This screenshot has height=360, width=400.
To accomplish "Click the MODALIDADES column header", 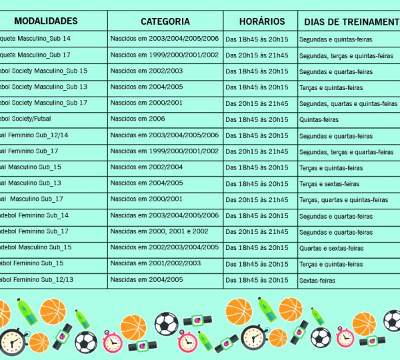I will [x=45, y=21].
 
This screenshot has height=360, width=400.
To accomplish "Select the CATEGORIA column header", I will [x=165, y=21].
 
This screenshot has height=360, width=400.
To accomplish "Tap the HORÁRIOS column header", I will [x=259, y=21].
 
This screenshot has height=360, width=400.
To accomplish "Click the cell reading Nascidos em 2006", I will [x=137, y=119].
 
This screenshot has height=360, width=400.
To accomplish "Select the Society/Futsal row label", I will [x=27, y=119].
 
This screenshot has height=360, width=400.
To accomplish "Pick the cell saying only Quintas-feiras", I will [x=319, y=120].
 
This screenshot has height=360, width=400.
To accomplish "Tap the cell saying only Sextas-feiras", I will [x=317, y=281].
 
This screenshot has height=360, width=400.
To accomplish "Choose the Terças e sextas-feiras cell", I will [x=329, y=184].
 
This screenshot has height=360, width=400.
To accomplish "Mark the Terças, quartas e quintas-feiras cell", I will [x=343, y=200].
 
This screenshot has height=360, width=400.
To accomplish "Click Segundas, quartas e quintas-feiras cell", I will [x=348, y=104].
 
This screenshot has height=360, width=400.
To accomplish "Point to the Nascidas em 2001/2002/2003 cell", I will [x=155, y=263].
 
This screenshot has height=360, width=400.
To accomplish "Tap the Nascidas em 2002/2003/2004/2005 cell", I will [x=164, y=247].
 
